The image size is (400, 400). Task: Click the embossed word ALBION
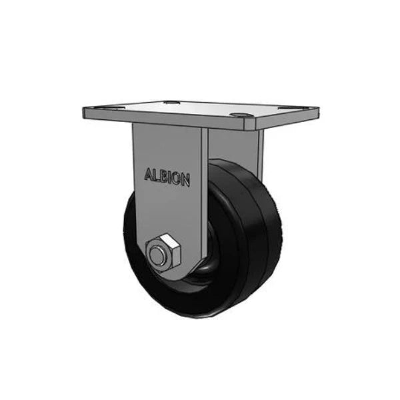tap(167, 177)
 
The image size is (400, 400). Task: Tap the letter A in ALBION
tap(149, 174)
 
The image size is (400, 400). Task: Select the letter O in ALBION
tap(177, 178)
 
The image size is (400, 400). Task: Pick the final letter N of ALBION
tap(186, 180)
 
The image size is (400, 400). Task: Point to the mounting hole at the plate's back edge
tap(171, 103)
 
